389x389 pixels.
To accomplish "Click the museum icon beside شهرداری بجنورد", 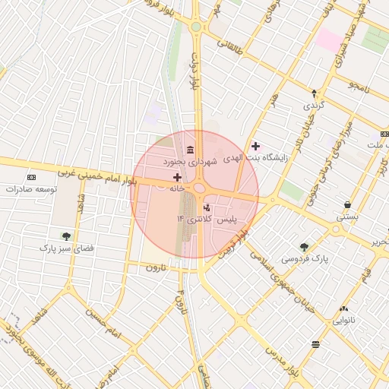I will [x=189, y=147].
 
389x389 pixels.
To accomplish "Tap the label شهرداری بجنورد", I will [x=190, y=162].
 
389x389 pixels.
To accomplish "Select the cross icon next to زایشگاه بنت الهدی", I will [x=255, y=145].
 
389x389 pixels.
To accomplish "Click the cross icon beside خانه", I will [x=178, y=177].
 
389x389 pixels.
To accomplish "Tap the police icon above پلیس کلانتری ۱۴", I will [x=207, y=207].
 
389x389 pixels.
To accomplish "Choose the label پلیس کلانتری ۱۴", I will [x=207, y=219].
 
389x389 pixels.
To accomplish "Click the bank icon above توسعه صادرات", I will [x=31, y=176].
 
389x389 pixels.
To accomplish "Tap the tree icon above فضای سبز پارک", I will [x=66, y=236].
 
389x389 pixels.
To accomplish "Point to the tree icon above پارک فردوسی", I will [x=304, y=246].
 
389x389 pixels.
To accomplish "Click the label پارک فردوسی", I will [x=304, y=258].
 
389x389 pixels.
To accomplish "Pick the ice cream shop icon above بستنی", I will [x=347, y=205].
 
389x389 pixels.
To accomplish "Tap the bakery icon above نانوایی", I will [x=344, y=308].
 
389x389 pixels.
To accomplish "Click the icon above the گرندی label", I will [x=314, y=92].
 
